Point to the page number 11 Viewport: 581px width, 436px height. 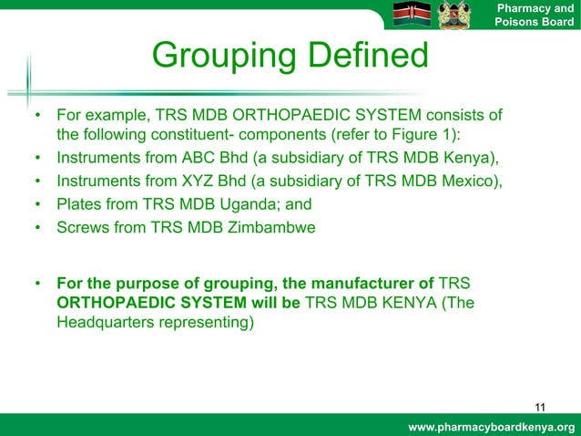click(541, 407)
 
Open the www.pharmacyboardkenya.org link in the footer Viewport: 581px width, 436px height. click(492, 428)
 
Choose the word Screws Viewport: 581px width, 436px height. click(82, 228)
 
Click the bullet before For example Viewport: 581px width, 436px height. click(36, 117)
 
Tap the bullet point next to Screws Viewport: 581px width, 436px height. click(36, 228)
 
